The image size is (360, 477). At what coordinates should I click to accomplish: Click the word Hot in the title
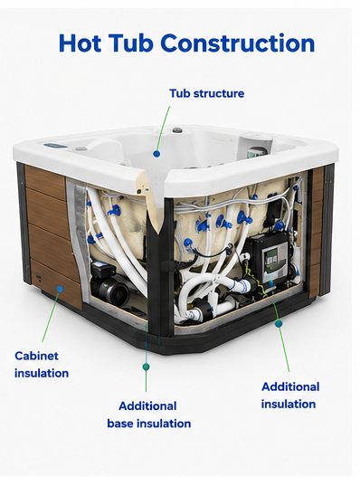click(x=80, y=43)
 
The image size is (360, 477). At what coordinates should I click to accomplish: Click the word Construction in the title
click(x=238, y=43)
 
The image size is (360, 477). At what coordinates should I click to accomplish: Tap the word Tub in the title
click(x=131, y=43)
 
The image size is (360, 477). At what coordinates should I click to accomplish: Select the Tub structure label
click(x=207, y=93)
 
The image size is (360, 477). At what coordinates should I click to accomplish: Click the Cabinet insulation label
click(x=42, y=365)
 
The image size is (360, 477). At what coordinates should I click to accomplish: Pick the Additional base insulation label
click(x=149, y=415)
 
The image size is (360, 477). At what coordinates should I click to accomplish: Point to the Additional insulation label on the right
click(x=290, y=396)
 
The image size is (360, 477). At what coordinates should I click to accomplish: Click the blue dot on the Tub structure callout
click(x=156, y=154)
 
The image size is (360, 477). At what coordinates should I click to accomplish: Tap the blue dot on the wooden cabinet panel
click(x=61, y=289)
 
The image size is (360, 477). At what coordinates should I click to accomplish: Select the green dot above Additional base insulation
click(x=146, y=367)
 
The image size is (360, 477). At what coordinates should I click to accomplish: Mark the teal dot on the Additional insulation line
click(x=279, y=324)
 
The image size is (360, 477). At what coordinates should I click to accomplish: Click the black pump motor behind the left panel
click(x=107, y=283)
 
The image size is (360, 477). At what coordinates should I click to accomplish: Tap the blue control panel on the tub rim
click(x=56, y=147)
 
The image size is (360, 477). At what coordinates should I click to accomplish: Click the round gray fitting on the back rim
click(x=177, y=130)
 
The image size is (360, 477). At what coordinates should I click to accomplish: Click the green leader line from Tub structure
click(x=163, y=129)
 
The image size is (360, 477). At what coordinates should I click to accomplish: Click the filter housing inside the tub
click(x=255, y=146)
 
